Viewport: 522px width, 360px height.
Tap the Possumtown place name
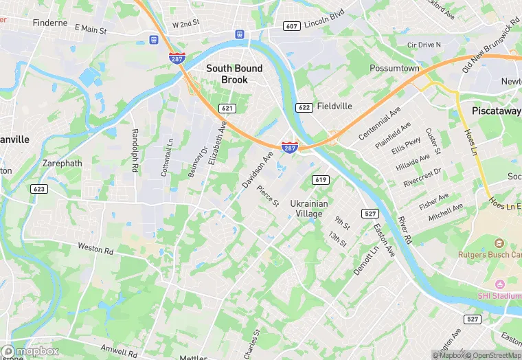[394, 69]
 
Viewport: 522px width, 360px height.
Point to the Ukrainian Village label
[309, 209]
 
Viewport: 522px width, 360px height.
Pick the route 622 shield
[304, 107]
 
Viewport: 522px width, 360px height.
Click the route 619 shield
[320, 180]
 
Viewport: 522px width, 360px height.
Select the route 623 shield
[39, 188]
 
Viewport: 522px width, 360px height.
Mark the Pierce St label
[267, 195]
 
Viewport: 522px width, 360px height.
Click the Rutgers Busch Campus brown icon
[499, 243]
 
